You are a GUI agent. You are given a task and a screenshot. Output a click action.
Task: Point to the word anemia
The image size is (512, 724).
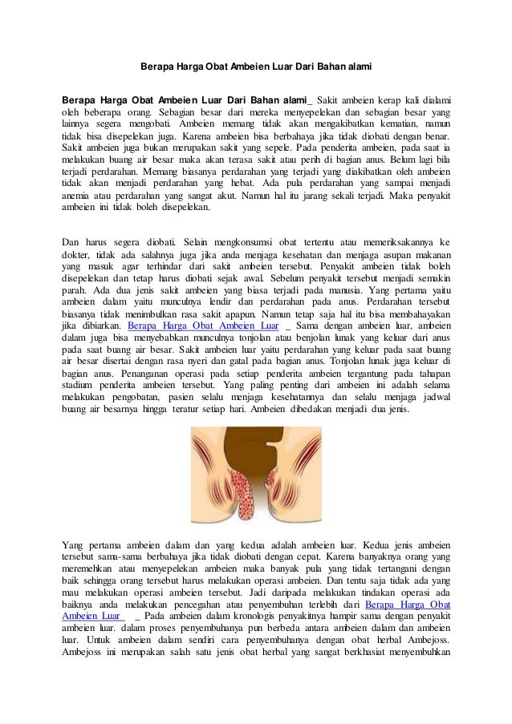78,194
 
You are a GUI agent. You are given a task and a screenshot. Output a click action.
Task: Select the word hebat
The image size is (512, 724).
262,181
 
